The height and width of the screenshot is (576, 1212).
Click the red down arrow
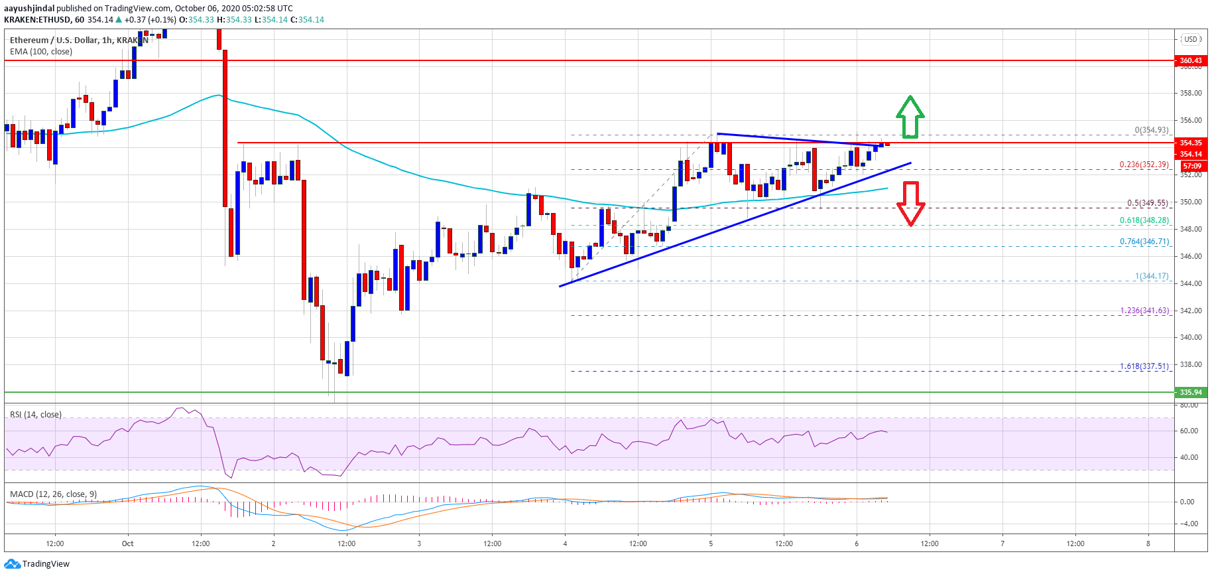(x=910, y=203)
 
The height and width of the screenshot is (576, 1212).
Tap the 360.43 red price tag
(x=1191, y=60)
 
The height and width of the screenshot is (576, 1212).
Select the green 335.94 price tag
(x=1191, y=392)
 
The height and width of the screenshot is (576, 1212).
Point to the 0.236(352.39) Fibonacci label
(x=1144, y=165)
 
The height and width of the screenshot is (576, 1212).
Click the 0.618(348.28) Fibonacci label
(x=1144, y=220)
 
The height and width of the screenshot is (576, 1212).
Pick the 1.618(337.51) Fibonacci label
(x=1144, y=366)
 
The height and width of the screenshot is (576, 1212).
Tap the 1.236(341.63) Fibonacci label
(x=1144, y=311)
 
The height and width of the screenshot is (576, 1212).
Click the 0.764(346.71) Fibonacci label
(x=1144, y=242)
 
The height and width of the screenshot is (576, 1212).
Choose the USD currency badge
(x=1191, y=39)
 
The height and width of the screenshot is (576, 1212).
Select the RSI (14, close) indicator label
(x=36, y=415)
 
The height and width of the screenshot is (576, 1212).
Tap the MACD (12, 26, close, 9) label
(x=53, y=494)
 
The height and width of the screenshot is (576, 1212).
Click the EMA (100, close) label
(x=41, y=52)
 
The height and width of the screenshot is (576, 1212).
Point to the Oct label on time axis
(x=127, y=543)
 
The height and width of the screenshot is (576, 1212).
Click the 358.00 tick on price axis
(x=1191, y=94)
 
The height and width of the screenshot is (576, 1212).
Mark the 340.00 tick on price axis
(x=1191, y=337)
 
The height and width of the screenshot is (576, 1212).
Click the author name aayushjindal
(x=29, y=9)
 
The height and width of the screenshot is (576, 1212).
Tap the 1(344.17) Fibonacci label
(x=1152, y=276)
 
